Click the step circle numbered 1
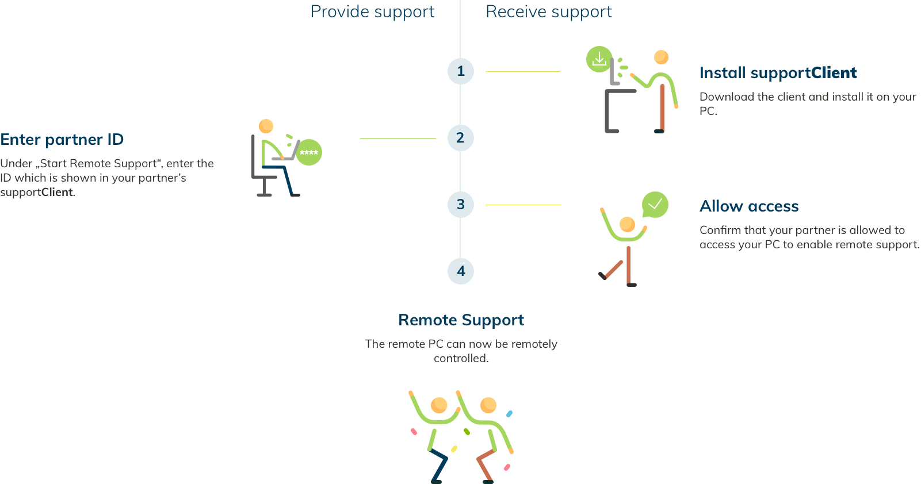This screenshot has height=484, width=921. point(461,71)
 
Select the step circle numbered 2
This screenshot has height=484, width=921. point(461,138)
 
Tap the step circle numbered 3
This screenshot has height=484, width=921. point(461,205)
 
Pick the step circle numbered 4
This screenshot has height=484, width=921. point(461,271)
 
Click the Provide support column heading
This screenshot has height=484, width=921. point(372,12)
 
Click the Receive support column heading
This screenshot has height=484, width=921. point(549,12)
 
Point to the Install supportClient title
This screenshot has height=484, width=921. point(778,73)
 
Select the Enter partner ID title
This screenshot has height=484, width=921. point(62,140)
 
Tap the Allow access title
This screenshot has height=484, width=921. point(749,206)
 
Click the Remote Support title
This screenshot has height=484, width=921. point(461,320)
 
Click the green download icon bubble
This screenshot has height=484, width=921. point(599,59)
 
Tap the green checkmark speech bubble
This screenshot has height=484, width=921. point(655,205)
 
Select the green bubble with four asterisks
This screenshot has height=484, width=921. point(309,152)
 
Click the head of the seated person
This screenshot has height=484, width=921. point(266,126)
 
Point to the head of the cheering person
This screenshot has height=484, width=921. point(628,224)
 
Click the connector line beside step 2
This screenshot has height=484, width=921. point(398,139)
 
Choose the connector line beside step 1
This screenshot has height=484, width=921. point(522,71)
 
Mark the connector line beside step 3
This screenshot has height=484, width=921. point(523,205)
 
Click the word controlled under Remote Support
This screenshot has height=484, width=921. point(461,359)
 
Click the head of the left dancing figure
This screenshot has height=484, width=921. point(439,405)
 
